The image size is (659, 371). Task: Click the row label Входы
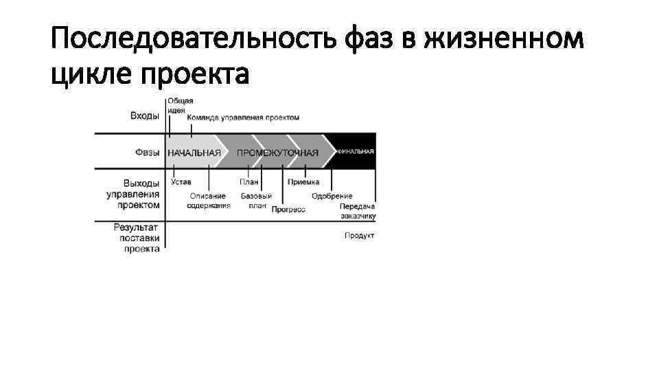click(145, 115)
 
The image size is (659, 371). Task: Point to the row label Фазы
click(147, 152)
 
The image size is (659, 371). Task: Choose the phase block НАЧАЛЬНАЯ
click(195, 152)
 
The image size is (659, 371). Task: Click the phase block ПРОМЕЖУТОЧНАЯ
click(277, 152)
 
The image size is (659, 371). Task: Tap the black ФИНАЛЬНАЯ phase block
click(354, 150)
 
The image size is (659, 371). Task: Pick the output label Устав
click(181, 183)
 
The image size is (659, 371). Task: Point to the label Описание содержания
click(209, 201)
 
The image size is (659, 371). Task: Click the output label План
click(249, 183)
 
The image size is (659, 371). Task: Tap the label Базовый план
click(256, 201)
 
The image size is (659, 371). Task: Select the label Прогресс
click(288, 210)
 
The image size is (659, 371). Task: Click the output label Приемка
click(303, 183)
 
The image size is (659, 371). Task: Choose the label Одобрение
click(332, 196)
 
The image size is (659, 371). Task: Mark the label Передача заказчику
click(358, 211)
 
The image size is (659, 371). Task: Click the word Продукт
click(360, 236)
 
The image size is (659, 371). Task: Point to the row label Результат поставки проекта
click(137, 237)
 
